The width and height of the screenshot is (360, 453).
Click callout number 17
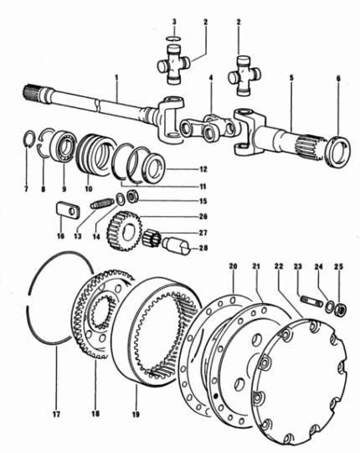(56, 414)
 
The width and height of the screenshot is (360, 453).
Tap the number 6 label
(338, 79)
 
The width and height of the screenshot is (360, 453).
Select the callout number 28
(203, 248)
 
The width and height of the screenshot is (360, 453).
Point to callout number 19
(136, 414)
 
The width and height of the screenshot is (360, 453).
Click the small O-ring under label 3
(173, 38)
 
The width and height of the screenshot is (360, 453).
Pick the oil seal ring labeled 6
(337, 151)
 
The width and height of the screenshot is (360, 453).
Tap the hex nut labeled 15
(133, 197)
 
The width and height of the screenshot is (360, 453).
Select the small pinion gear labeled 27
(152, 237)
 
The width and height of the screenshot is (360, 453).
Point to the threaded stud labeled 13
(102, 203)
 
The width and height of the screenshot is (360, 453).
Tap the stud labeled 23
(311, 300)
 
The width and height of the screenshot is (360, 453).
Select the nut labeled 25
(341, 310)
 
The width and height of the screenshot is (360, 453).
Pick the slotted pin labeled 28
(176, 245)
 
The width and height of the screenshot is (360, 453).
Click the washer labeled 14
(120, 198)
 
